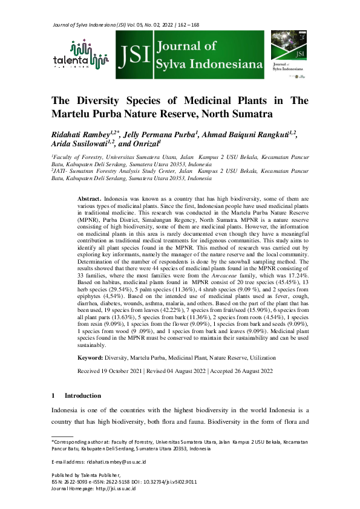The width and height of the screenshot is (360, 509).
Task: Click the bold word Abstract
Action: pyautogui.click(x=90, y=199)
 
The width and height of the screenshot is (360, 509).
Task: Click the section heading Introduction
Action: pyautogui.click(x=83, y=395)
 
